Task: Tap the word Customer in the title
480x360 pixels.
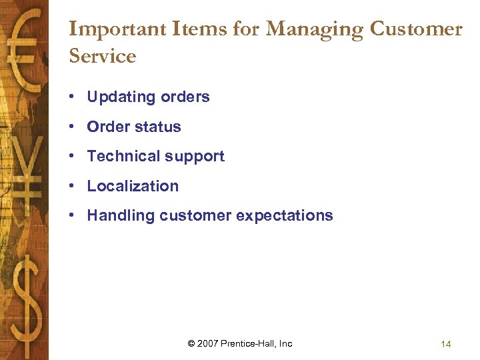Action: pos(416,29)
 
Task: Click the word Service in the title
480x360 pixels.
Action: pos(102,56)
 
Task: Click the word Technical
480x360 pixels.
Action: pos(120,156)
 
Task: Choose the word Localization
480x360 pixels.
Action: pos(133,186)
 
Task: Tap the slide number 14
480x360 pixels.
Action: pos(445,344)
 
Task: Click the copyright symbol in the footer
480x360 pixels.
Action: pos(191,343)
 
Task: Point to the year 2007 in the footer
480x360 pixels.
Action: pos(208,343)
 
